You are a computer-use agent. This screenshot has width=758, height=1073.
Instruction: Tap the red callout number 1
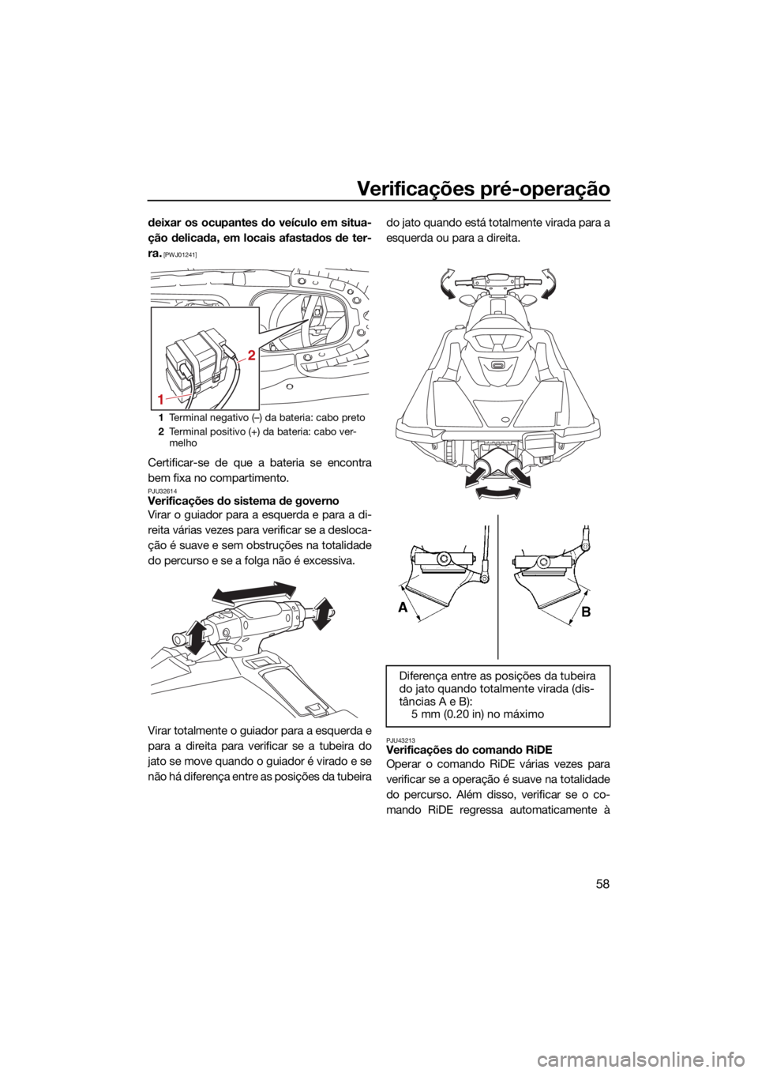[162, 398]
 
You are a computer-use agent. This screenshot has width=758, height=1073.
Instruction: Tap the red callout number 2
[252, 356]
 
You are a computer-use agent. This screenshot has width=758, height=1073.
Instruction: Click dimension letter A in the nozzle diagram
[403, 608]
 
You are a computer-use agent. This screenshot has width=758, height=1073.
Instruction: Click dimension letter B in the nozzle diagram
[587, 612]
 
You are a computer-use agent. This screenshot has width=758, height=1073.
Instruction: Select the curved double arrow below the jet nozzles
[497, 492]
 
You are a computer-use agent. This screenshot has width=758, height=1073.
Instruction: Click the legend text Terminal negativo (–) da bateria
[234, 416]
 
